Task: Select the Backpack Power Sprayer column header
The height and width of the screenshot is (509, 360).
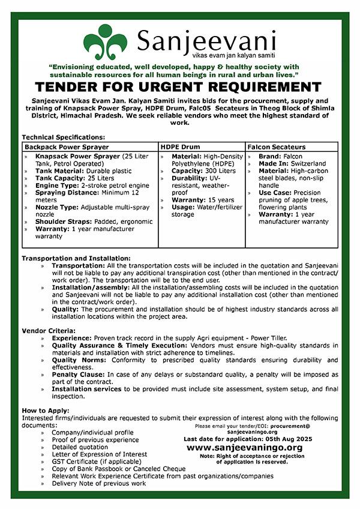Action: [67, 146]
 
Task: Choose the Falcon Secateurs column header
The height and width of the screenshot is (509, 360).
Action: [277, 146]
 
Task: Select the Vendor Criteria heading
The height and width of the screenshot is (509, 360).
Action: [49, 331]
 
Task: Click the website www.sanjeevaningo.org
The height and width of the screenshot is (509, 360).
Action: [244, 448]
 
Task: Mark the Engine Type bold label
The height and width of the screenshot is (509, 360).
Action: [57, 185]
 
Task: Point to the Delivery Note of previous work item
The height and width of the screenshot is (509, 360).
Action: [98, 483]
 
